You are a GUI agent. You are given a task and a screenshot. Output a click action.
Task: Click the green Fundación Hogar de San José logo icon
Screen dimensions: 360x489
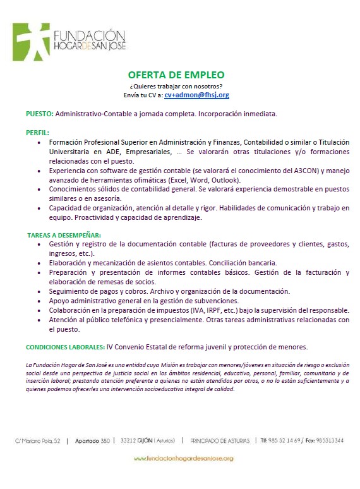30,41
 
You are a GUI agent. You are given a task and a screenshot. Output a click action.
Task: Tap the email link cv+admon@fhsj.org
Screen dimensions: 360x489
196,95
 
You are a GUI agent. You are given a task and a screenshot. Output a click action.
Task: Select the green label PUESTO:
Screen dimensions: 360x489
40,114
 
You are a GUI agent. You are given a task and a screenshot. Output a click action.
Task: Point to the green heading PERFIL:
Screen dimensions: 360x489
37,133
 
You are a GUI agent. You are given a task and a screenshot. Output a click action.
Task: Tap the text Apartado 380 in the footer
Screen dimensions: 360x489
92,440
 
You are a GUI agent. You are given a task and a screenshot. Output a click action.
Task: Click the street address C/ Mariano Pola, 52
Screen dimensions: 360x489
38,440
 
